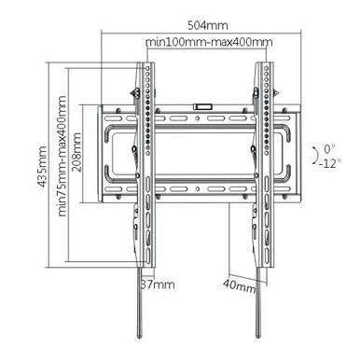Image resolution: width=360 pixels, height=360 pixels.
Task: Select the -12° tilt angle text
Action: click(326, 162)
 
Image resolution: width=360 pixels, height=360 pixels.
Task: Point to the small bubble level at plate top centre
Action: click(200, 105)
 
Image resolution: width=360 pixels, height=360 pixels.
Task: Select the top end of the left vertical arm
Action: click(145, 65)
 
